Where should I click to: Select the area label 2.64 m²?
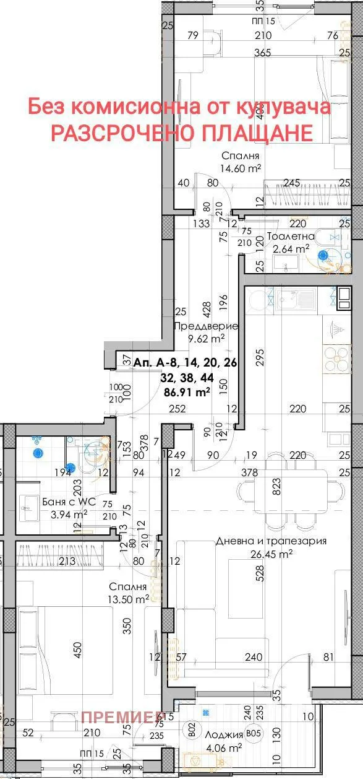coord(291,249)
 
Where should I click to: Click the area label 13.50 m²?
coord(129,599)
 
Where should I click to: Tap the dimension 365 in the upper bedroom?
coord(263,53)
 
